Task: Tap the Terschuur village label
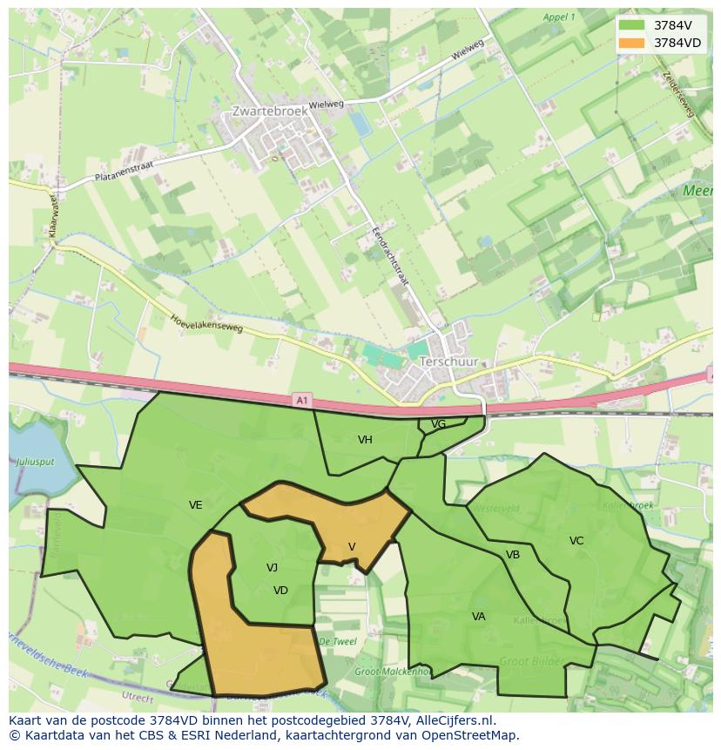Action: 448,361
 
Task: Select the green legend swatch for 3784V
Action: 632,25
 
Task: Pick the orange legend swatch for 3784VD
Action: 632,43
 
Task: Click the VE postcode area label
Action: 196,505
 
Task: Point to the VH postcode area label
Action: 365,440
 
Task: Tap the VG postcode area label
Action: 439,424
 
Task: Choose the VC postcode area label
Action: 576,541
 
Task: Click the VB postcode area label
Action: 513,555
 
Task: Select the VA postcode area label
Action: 478,617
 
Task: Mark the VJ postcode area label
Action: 273,568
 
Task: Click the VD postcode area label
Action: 280,591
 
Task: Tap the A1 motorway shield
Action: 301,400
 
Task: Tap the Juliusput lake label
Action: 34,461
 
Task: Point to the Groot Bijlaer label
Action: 530,662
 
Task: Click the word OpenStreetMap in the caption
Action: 473,735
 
